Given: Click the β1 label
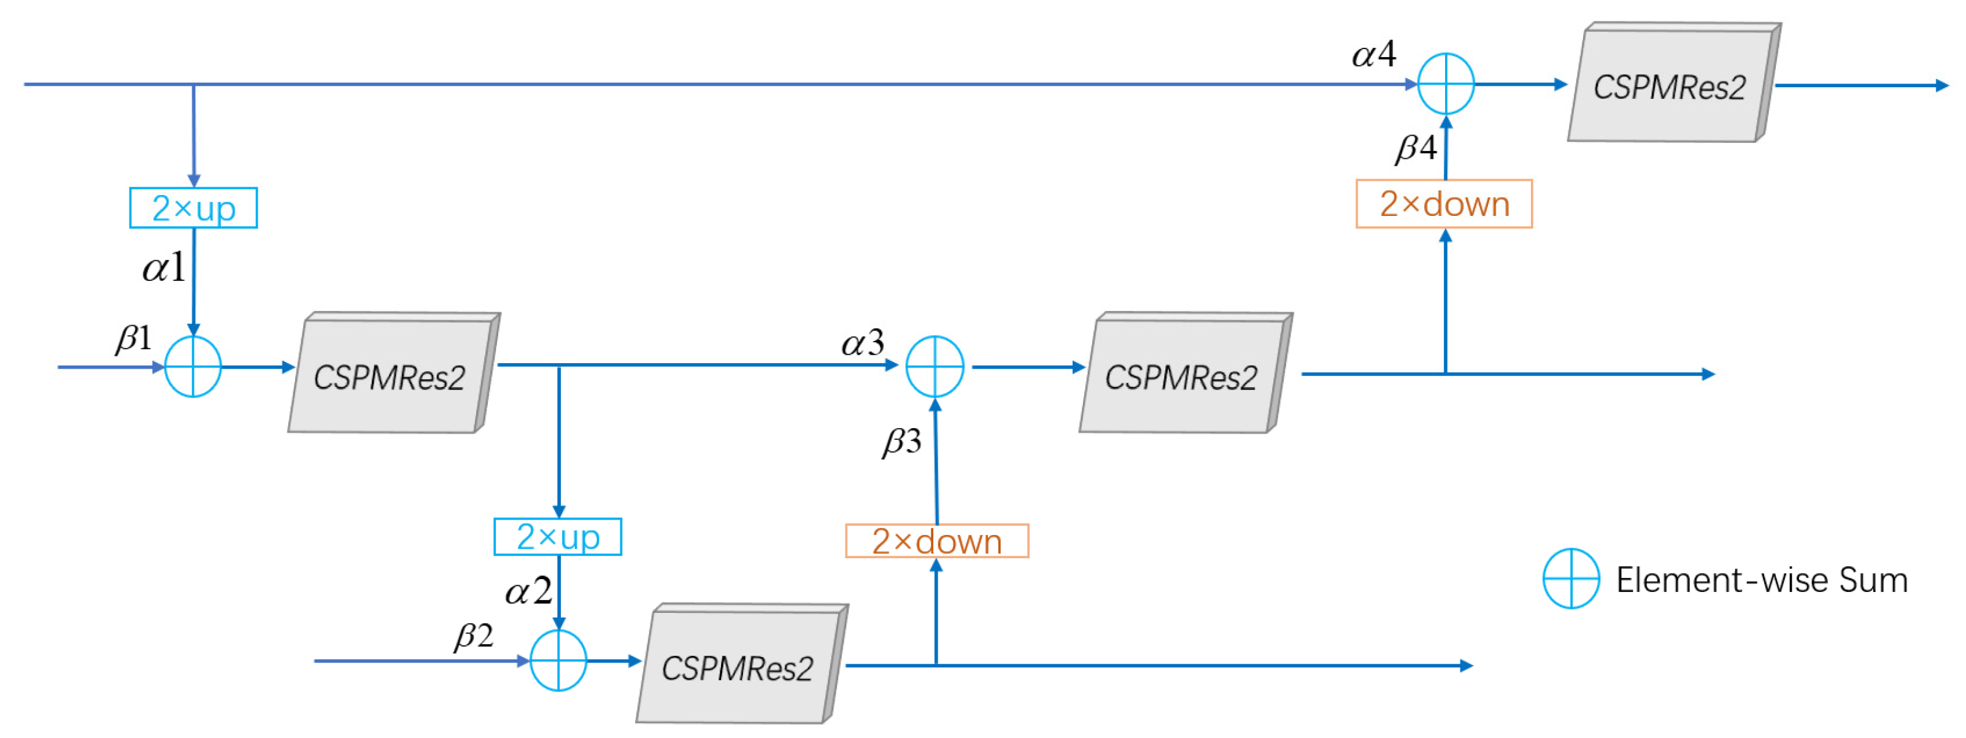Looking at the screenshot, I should [x=134, y=338].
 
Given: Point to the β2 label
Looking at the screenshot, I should [x=474, y=636].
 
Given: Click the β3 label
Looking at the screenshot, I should [x=902, y=442].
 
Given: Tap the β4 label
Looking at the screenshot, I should [x=1416, y=148].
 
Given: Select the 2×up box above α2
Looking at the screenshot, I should [x=558, y=537].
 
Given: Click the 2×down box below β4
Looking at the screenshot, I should [x=1444, y=204].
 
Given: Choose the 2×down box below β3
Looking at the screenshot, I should [x=937, y=542].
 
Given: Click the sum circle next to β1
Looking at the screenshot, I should [x=193, y=367].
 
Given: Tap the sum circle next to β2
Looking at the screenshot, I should [x=558, y=661].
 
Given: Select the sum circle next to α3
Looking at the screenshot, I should [x=935, y=367].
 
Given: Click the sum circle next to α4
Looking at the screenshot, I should [x=1446, y=84].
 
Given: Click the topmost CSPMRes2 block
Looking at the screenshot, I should [x=1671, y=85].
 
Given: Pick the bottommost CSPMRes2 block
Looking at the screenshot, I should [x=739, y=666].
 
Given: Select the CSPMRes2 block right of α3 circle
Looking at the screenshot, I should [x=1182, y=375].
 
